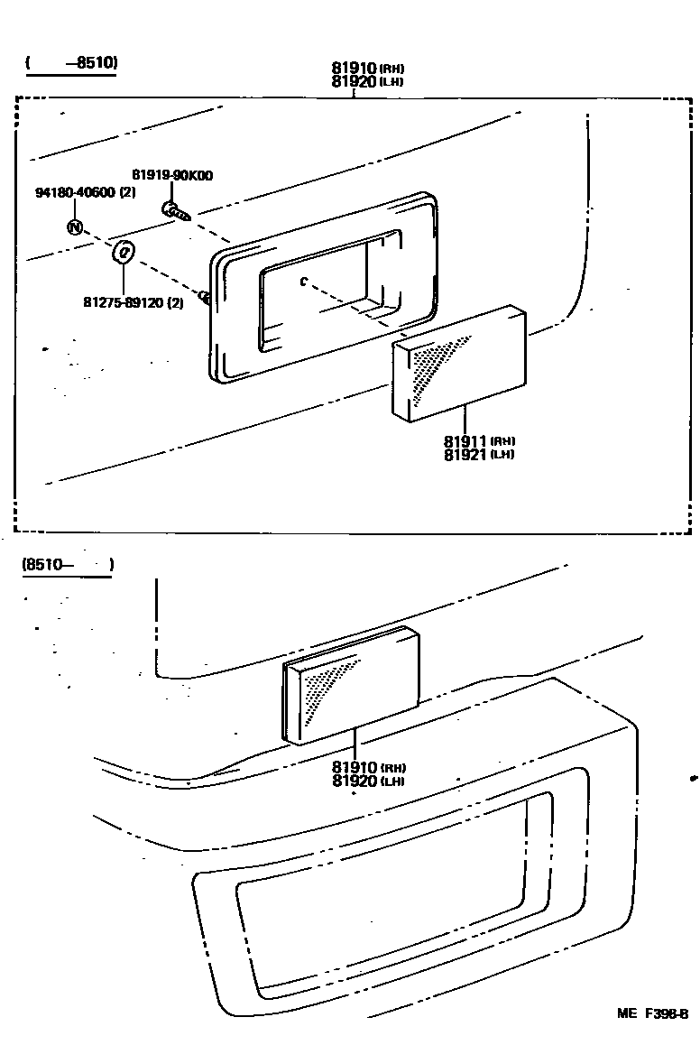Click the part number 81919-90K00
click(x=172, y=175)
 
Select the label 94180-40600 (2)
click(x=86, y=193)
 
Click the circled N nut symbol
click(x=75, y=227)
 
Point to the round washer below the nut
click(x=124, y=252)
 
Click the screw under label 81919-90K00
click(x=175, y=213)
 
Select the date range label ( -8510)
click(x=72, y=63)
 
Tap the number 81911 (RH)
click(x=479, y=441)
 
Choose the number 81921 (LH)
click(x=479, y=454)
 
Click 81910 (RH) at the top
click(x=367, y=69)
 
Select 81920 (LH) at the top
click(x=367, y=81)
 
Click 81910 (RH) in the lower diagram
click(x=367, y=768)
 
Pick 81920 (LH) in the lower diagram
click(x=367, y=781)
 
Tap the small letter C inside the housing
click(x=304, y=282)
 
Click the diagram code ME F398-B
click(x=653, y=1013)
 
